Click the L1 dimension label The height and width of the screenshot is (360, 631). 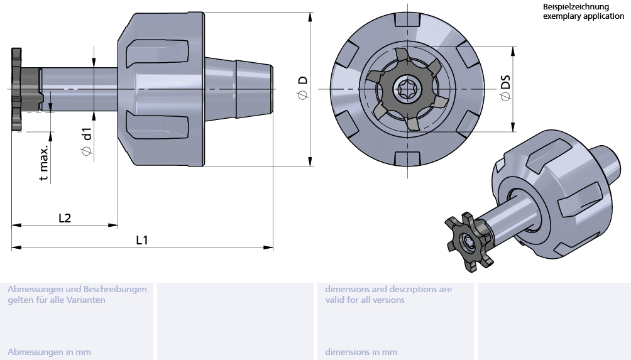(x=142, y=239)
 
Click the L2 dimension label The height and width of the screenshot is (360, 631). (x=65, y=218)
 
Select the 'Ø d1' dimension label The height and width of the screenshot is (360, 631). (x=86, y=141)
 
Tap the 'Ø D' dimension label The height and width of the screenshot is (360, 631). (x=303, y=87)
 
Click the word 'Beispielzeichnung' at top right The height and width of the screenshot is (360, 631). (x=576, y=7)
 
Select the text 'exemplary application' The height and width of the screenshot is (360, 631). (x=583, y=16)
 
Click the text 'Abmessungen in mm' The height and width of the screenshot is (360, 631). (x=49, y=352)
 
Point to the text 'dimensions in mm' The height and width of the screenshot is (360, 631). (x=361, y=352)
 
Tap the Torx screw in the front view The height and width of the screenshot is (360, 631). (x=405, y=89)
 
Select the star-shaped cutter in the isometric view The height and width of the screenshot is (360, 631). (x=468, y=242)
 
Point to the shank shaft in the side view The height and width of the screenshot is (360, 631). (x=79, y=89)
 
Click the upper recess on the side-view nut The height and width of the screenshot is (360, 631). (x=157, y=53)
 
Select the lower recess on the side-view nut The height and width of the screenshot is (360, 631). (x=157, y=125)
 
